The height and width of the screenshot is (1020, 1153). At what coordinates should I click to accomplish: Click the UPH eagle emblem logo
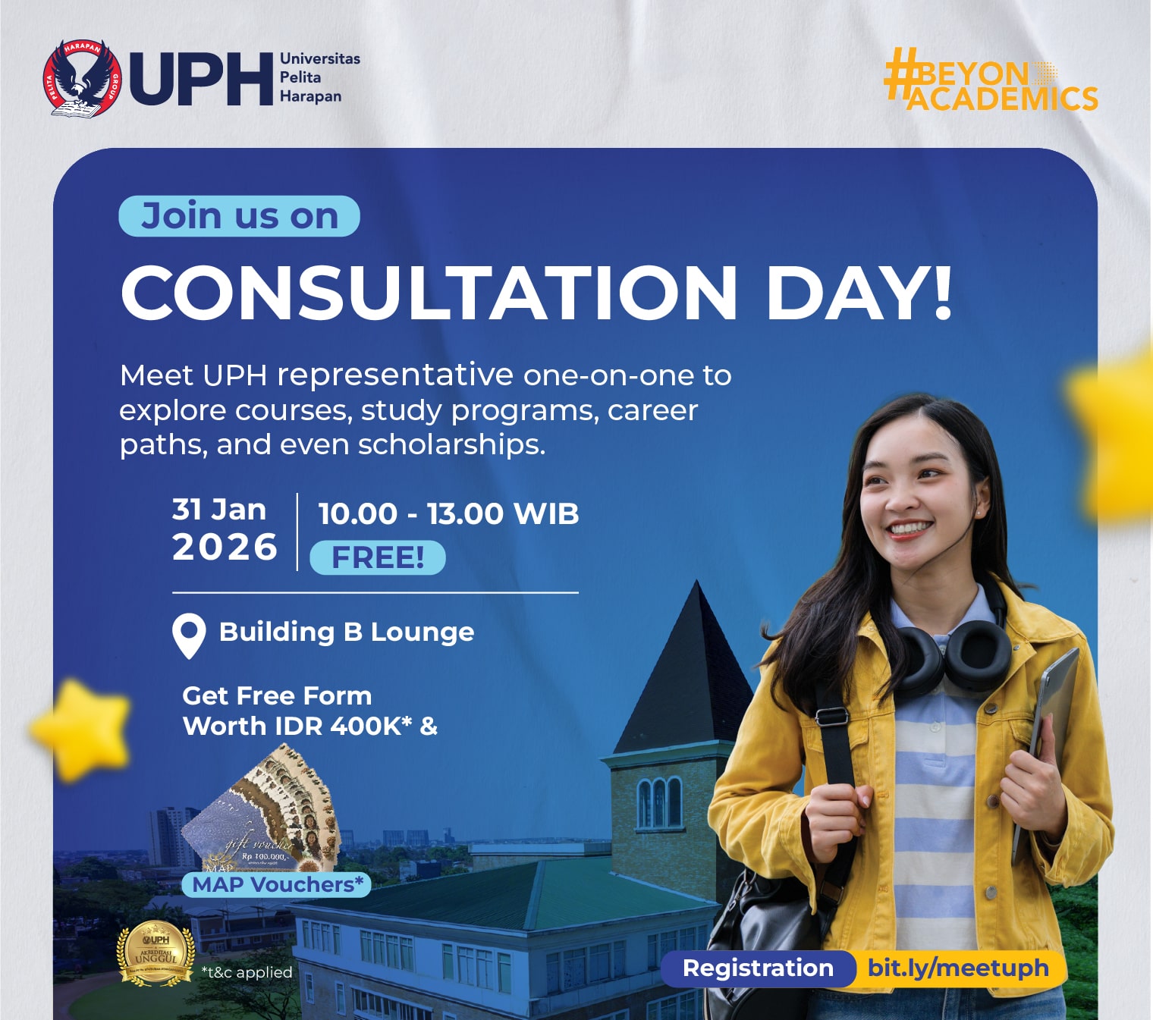[82, 79]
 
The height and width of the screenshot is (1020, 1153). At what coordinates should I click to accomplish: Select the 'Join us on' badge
[239, 216]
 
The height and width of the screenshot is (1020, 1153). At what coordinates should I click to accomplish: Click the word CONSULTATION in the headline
[429, 293]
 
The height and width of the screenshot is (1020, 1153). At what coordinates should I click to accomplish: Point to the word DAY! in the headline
[858, 293]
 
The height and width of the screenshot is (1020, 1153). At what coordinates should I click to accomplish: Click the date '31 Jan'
[219, 510]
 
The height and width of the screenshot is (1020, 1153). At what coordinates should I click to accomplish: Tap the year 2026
[225, 548]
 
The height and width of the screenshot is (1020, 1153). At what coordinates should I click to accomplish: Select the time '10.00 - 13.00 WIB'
[448, 514]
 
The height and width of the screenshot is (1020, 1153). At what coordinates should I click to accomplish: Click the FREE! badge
[378, 557]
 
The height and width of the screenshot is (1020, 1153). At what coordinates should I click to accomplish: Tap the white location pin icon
[189, 635]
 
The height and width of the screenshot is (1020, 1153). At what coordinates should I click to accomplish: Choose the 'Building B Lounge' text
[347, 632]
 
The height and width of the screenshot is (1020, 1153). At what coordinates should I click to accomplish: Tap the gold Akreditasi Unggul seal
[156, 953]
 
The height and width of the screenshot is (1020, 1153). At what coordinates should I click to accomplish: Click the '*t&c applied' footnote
[247, 972]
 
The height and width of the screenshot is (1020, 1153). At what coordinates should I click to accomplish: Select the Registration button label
[758, 968]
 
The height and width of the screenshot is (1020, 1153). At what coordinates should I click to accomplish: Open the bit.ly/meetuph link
[958, 968]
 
